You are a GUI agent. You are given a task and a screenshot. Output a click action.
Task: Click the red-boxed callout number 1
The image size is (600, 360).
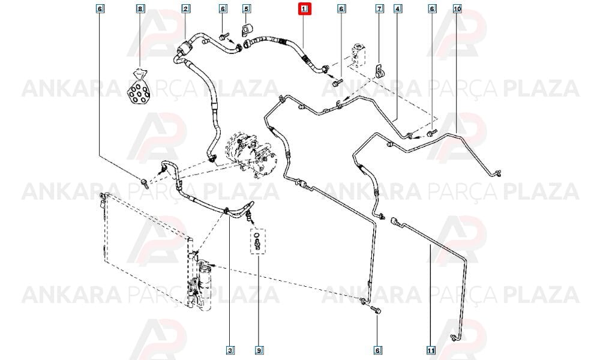click(305, 8)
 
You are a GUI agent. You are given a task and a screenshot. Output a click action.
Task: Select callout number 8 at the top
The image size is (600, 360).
click(141, 8)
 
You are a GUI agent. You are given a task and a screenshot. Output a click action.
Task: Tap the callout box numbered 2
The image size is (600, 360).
click(185, 8)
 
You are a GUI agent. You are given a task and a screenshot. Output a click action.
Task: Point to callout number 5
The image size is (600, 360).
click(246, 8)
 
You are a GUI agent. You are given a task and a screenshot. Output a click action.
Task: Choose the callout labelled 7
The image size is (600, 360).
click(379, 8)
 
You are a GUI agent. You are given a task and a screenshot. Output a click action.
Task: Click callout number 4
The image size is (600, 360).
click(398, 8)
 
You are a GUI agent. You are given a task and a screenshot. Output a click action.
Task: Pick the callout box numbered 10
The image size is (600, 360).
click(457, 8)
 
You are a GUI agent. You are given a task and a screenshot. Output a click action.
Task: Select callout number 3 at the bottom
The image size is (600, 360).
click(230, 350)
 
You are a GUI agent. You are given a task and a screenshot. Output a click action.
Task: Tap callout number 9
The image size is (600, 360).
click(259, 350)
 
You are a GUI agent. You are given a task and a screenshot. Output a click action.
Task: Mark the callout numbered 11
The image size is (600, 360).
click(431, 350)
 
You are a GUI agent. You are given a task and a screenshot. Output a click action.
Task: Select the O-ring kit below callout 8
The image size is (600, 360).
click(138, 88)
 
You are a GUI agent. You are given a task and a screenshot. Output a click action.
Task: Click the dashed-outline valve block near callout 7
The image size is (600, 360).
click(358, 55)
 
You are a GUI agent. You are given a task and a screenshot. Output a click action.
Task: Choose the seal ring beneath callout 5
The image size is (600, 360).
click(246, 29)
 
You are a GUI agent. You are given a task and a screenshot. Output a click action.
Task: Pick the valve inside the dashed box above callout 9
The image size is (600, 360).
click(257, 242)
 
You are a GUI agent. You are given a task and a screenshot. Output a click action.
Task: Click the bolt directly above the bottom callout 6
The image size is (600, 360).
click(374, 310)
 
